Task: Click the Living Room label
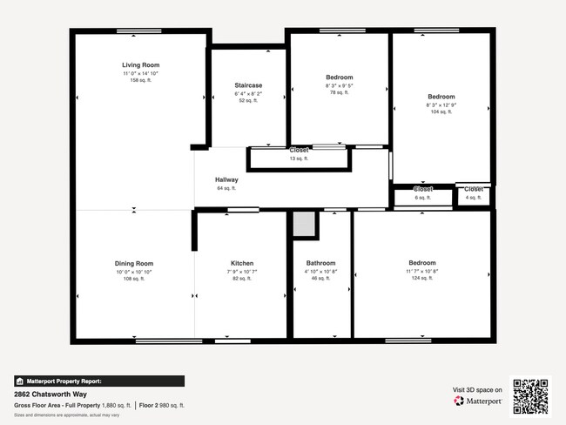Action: (x=140, y=65)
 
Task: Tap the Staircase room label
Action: (x=248, y=85)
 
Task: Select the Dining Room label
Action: (x=134, y=263)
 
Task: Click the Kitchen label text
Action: (x=241, y=263)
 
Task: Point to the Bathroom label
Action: (x=320, y=263)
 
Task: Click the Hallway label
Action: (x=226, y=180)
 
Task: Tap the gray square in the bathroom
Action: (x=304, y=224)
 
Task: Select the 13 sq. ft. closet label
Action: (x=299, y=159)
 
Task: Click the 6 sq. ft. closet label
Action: (x=422, y=198)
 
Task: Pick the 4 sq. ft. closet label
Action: (x=473, y=198)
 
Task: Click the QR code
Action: (x=530, y=396)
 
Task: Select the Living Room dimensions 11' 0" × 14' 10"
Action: (x=140, y=73)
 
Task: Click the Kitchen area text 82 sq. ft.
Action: (x=241, y=278)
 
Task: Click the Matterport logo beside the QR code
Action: (x=477, y=401)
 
